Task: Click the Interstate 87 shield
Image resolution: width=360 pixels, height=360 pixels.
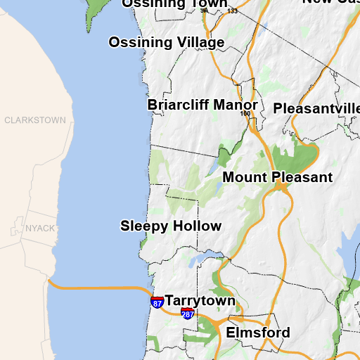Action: coord(157,302)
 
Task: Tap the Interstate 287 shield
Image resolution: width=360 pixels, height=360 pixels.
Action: coord(188,314)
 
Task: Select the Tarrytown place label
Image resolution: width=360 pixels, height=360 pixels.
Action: coord(200,300)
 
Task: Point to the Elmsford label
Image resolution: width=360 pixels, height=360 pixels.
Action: coord(258,332)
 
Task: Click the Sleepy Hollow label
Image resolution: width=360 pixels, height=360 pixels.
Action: coord(171,226)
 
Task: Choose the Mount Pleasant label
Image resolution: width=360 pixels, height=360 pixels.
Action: coord(278,177)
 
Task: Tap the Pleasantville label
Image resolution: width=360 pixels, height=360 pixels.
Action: coord(316,108)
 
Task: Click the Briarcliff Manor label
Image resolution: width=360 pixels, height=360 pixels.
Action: coord(203,105)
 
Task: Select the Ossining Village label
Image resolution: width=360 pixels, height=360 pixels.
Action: coord(167,42)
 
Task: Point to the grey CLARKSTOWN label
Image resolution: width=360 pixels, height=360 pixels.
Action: coord(35,120)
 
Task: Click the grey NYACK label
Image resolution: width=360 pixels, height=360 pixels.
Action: coord(40,229)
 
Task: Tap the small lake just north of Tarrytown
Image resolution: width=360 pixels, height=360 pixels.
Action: coord(200,259)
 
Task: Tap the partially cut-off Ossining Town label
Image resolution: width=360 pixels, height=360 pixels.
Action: coord(174,4)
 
